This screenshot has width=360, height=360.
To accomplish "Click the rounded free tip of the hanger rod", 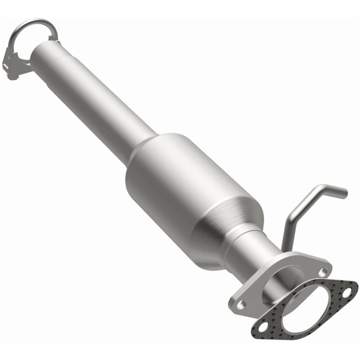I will click(344, 193).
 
